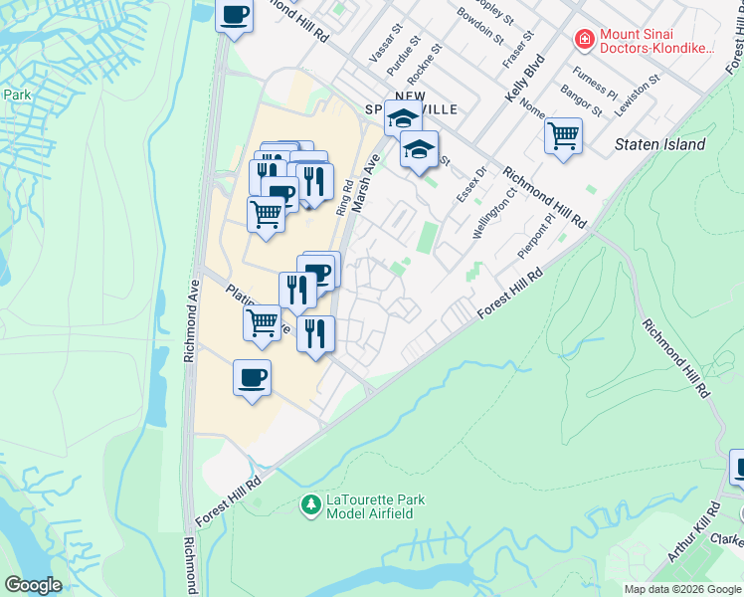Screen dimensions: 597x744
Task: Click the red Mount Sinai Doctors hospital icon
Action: pos(584,40)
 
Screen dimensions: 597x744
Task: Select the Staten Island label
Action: pos(659,144)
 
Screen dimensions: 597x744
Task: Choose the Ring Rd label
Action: pos(345,197)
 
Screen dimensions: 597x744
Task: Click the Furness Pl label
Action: pos(595,87)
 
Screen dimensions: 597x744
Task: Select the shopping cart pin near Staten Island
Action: pos(563,135)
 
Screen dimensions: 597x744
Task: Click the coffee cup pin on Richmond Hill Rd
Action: pos(234,15)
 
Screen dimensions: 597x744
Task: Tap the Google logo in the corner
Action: pos(34,585)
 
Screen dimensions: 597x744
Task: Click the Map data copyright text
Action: pos(682,589)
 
